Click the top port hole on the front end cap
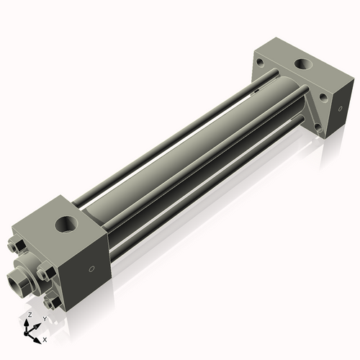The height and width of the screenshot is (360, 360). (x=66, y=225)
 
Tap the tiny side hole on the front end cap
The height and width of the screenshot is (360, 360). (x=91, y=270)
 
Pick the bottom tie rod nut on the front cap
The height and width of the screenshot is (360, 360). (x=50, y=302)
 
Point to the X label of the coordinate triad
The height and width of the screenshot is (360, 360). (x=45, y=338)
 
